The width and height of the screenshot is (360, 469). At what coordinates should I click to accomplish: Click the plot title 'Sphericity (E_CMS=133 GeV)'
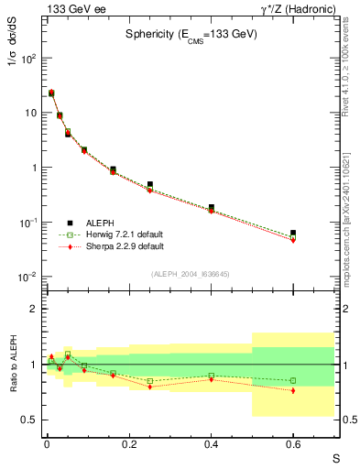[x=191, y=34]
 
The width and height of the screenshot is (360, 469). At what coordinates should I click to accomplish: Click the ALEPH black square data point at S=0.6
[x=293, y=233]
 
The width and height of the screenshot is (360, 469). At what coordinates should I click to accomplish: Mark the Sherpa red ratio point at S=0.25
[x=149, y=387]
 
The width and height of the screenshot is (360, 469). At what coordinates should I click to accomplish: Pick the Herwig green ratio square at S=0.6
[x=293, y=380]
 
